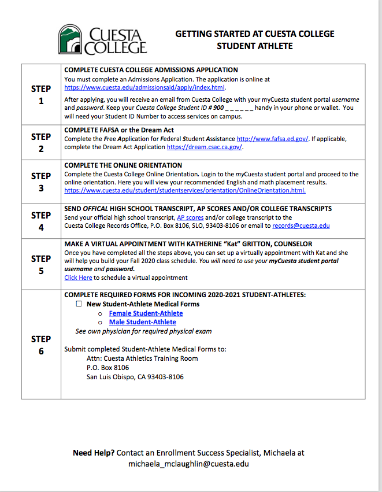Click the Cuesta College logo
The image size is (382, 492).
(x=102, y=39)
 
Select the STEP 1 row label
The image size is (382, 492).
(x=41, y=95)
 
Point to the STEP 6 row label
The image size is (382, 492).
(x=41, y=345)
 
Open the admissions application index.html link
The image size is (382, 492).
(x=144, y=88)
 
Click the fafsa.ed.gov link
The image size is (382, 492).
(x=273, y=139)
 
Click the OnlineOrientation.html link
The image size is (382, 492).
(x=185, y=190)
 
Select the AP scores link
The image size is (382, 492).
(x=190, y=217)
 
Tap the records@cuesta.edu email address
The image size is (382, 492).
(x=301, y=225)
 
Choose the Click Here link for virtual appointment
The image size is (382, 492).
(x=78, y=278)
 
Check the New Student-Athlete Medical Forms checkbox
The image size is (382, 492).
(x=80, y=304)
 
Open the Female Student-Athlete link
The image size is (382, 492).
(x=146, y=313)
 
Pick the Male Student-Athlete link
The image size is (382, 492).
(x=142, y=322)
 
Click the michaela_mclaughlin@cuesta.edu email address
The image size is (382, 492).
(x=188, y=464)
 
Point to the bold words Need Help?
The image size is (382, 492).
(x=94, y=453)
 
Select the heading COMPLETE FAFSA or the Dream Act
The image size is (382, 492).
(x=119, y=130)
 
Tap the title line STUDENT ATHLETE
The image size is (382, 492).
(x=254, y=46)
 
